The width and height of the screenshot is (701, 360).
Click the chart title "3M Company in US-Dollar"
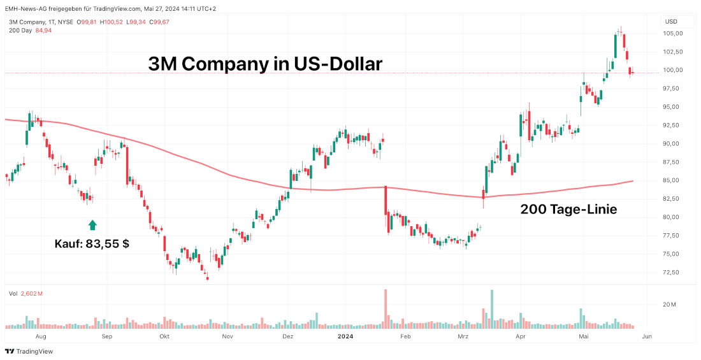tap(265, 64)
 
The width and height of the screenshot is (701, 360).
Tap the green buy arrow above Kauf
tap(92, 224)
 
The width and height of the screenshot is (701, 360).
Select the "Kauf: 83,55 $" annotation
tap(92, 243)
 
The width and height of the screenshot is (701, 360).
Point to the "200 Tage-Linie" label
tap(568, 209)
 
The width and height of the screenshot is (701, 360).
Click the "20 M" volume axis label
tap(669, 305)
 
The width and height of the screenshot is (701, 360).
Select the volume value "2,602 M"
tap(31, 294)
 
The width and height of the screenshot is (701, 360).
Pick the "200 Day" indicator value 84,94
tap(43, 31)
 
